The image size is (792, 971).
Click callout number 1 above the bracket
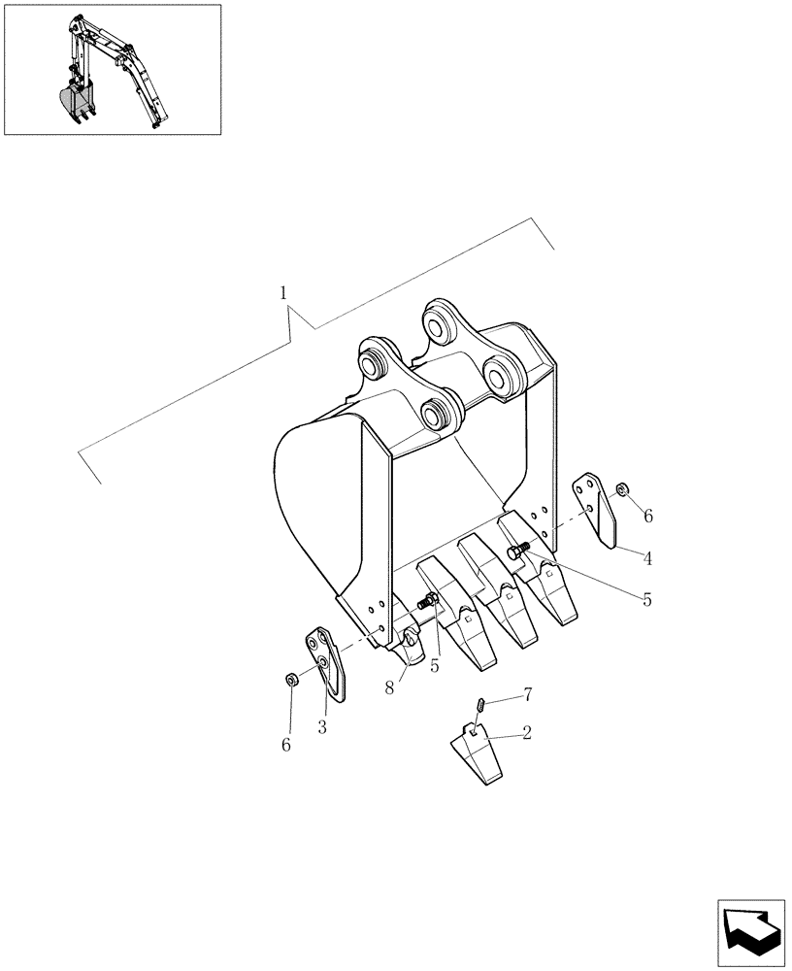pyautogui.click(x=282, y=291)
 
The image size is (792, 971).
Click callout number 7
pyautogui.click(x=528, y=694)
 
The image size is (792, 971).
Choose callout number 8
pyautogui.click(x=388, y=686)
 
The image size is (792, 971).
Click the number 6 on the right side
pyautogui.click(x=647, y=517)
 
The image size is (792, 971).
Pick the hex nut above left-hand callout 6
pyautogui.click(x=290, y=679)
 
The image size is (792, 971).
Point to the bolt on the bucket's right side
pyautogui.click(x=516, y=551)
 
